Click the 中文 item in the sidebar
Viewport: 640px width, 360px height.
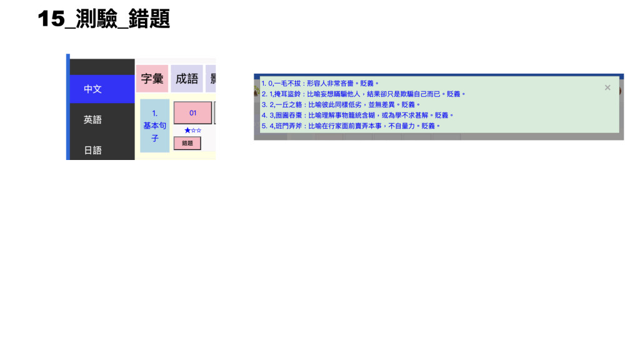click(92, 89)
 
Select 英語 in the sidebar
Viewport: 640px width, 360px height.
click(92, 119)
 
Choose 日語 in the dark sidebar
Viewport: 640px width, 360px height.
click(92, 150)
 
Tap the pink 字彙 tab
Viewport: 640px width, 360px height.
click(152, 79)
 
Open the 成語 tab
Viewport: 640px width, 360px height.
click(187, 79)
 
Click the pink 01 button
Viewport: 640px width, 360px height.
click(192, 113)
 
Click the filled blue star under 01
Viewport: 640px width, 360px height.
click(187, 131)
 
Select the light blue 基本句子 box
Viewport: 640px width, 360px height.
click(154, 126)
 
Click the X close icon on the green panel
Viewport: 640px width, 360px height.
click(607, 87)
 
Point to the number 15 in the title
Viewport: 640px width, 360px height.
click(51, 19)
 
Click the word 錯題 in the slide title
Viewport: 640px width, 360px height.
click(149, 19)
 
